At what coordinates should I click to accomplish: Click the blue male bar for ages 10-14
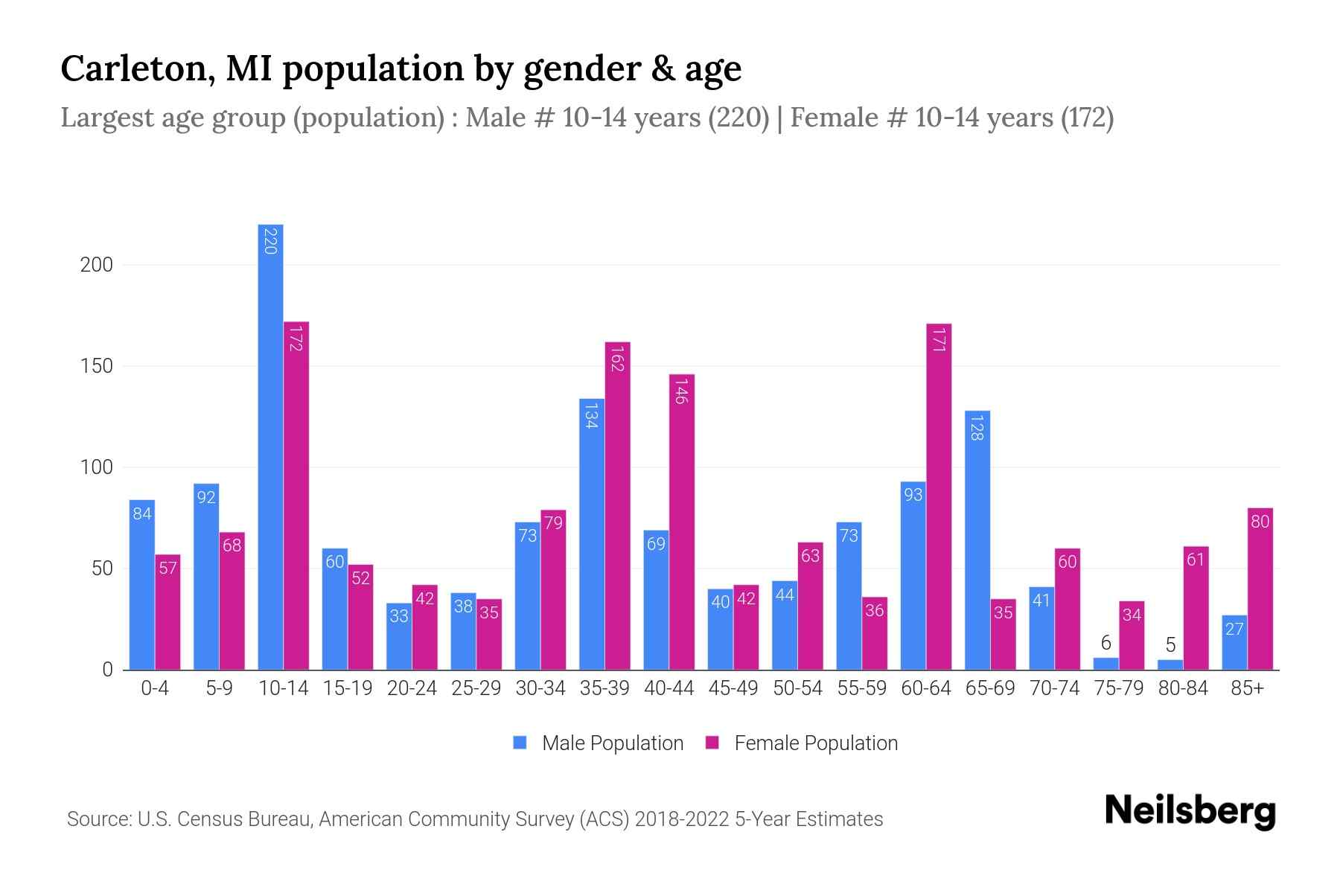click(x=270, y=446)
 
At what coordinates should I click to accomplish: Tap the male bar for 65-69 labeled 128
click(x=977, y=540)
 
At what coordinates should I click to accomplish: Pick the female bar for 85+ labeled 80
click(x=1260, y=588)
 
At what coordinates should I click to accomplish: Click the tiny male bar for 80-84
click(x=1170, y=665)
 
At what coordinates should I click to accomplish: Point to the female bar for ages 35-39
click(x=617, y=506)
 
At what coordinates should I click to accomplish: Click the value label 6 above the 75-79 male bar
click(x=1105, y=643)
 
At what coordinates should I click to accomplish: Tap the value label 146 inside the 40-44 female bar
click(x=681, y=391)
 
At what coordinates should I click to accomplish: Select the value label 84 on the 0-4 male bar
click(x=142, y=513)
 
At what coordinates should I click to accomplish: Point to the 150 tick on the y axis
click(x=96, y=366)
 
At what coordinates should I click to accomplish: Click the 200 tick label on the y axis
click(x=96, y=265)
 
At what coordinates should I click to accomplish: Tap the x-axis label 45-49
click(x=733, y=688)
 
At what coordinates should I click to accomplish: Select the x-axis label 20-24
click(x=412, y=688)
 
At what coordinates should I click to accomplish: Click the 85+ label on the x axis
click(x=1247, y=688)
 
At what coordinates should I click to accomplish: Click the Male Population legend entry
click(x=612, y=743)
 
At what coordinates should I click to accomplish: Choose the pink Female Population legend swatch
click(x=712, y=743)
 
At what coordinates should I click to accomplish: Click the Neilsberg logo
click(x=1190, y=811)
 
